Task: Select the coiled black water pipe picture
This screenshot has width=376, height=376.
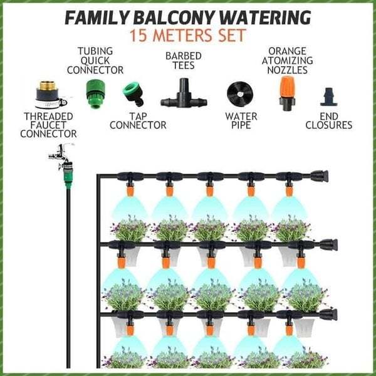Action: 239,94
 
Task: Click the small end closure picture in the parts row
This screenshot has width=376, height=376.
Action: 328,97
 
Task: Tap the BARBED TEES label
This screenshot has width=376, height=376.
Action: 183,61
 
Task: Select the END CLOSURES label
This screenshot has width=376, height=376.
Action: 328,120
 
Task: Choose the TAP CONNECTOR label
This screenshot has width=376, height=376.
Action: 138,120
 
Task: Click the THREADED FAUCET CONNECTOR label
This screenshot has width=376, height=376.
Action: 48,125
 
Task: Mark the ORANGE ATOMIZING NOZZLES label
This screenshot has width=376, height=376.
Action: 287,61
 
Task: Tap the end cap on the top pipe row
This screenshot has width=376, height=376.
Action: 320,176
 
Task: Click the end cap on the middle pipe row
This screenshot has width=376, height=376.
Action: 330,244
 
